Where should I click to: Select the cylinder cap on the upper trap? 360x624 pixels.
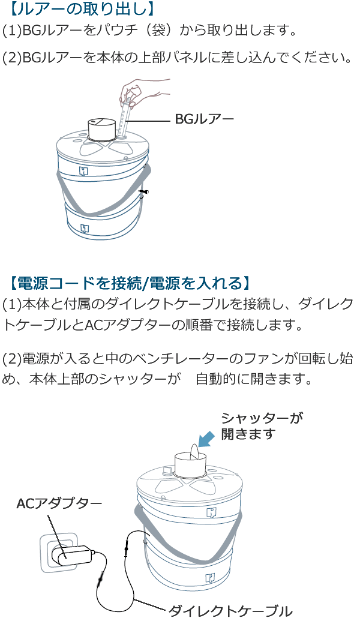coord(101,128)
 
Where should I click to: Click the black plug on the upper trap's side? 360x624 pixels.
coord(143,193)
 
